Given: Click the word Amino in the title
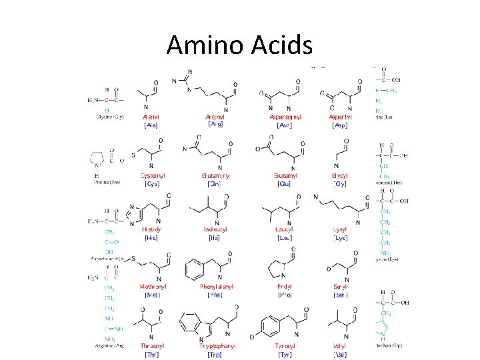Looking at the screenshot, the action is pyautogui.click(x=204, y=45).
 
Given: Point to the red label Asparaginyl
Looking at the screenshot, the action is pyautogui.click(x=285, y=117).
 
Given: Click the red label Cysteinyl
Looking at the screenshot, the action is pyautogui.click(x=153, y=175).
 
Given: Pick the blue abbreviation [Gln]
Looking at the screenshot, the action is pyautogui.click(x=215, y=183).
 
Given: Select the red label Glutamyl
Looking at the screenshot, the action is pyautogui.click(x=285, y=175).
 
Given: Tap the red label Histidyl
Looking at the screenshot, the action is pyautogui.click(x=152, y=229).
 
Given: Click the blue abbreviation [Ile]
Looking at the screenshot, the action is pyautogui.click(x=214, y=237).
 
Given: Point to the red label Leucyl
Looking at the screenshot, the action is pyautogui.click(x=285, y=229).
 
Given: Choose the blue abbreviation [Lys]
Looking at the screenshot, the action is pyautogui.click(x=340, y=237).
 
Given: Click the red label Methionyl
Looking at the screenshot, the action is pyautogui.click(x=153, y=287).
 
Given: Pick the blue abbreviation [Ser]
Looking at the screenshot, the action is pyautogui.click(x=340, y=295).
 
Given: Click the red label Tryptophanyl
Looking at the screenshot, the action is pyautogui.click(x=217, y=346).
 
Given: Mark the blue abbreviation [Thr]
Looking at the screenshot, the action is pyautogui.click(x=151, y=355).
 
